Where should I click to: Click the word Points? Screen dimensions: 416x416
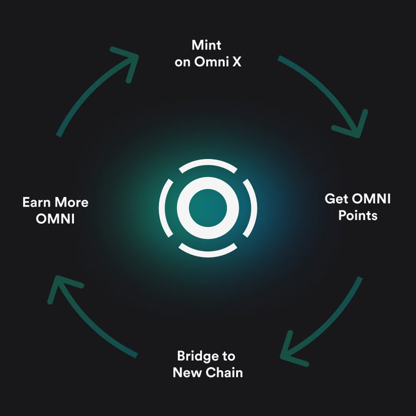357,216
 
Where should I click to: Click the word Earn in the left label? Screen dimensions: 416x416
37,202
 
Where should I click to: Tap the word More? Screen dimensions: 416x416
73,202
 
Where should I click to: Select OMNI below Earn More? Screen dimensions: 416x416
56,218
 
